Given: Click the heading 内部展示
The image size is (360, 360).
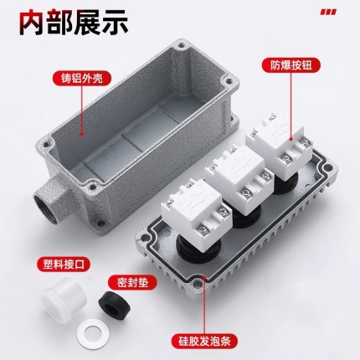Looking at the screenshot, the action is coord(74,23).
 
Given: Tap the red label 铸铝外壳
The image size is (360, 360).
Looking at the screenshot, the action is coord(82,79).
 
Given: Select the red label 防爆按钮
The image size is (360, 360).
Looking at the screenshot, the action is coord(291,65).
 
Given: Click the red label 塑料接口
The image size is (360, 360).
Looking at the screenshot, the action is coord(64,263).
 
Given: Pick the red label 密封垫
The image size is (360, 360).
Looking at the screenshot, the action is coord(131,283).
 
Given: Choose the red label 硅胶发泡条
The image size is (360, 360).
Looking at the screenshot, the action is coord(204,341).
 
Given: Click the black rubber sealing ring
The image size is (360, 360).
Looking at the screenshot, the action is coord(115,303).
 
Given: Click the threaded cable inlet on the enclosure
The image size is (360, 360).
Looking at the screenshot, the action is coord(45,204).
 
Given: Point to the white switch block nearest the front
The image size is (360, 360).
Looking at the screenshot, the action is coord(196,208).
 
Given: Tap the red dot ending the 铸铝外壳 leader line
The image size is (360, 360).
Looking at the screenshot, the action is coord(82,134).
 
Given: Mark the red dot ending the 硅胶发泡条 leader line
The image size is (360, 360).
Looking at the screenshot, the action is coord(204,277).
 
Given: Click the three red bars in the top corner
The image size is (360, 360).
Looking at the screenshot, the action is coord(328,12).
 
